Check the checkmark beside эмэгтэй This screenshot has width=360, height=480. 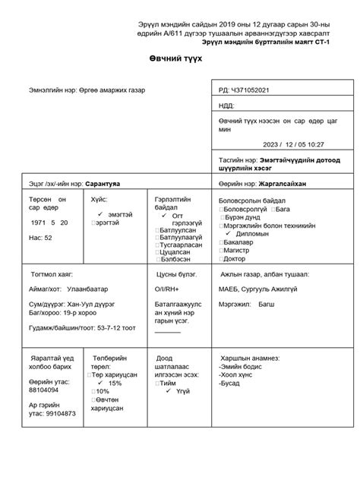(x=101, y=214)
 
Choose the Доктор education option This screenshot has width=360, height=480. (x=236, y=258)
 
